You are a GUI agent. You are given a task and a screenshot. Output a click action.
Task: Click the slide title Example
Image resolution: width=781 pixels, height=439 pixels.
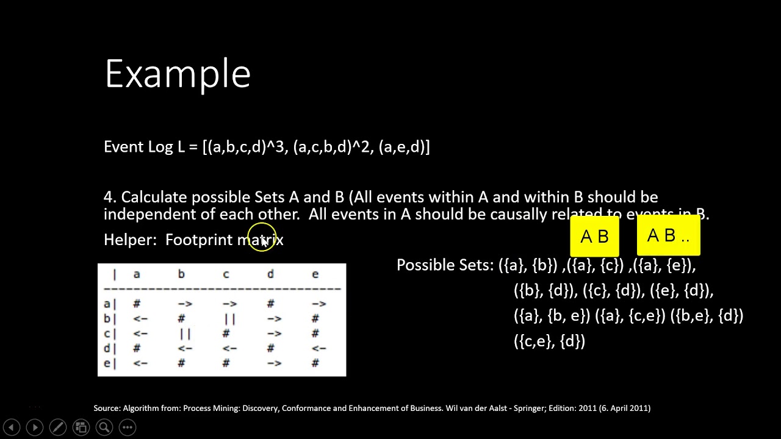click(178, 74)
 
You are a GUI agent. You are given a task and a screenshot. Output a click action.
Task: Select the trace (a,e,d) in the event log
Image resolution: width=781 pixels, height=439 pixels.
click(404, 147)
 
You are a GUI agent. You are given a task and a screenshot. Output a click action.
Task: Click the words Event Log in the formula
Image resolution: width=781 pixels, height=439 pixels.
click(138, 147)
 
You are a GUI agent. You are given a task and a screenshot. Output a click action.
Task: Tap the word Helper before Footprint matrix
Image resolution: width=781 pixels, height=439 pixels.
click(129, 240)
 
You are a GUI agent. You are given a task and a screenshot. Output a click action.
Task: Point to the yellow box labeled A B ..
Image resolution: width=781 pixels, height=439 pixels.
click(668, 235)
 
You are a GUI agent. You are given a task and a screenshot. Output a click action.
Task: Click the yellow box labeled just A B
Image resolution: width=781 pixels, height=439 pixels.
click(594, 237)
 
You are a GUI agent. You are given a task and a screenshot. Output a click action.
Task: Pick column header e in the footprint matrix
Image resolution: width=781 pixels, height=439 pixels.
click(315, 274)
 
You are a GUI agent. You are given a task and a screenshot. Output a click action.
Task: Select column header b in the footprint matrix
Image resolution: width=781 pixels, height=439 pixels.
click(181, 274)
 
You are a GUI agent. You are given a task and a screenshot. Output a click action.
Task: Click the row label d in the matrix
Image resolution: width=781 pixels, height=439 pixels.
click(107, 348)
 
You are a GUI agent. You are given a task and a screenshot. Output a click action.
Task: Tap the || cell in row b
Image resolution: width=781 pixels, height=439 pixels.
click(229, 319)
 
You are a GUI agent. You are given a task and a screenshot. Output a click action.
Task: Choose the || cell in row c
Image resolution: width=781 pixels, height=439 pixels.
click(185, 334)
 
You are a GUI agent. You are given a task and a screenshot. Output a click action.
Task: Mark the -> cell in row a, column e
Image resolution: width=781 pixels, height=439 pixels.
click(319, 304)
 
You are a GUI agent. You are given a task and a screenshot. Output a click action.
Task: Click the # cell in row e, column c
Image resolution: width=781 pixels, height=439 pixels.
click(226, 363)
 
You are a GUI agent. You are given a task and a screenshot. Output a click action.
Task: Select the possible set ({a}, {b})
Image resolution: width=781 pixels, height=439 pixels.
click(528, 265)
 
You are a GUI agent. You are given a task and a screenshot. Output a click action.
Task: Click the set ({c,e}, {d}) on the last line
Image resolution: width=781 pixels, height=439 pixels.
click(549, 341)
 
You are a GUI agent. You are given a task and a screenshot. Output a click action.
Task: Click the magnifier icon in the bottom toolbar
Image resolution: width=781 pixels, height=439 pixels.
click(104, 427)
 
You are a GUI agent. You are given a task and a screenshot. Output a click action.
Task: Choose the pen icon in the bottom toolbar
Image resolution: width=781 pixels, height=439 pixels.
click(57, 427)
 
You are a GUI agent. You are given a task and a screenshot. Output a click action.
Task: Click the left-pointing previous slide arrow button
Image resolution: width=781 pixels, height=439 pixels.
click(11, 427)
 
